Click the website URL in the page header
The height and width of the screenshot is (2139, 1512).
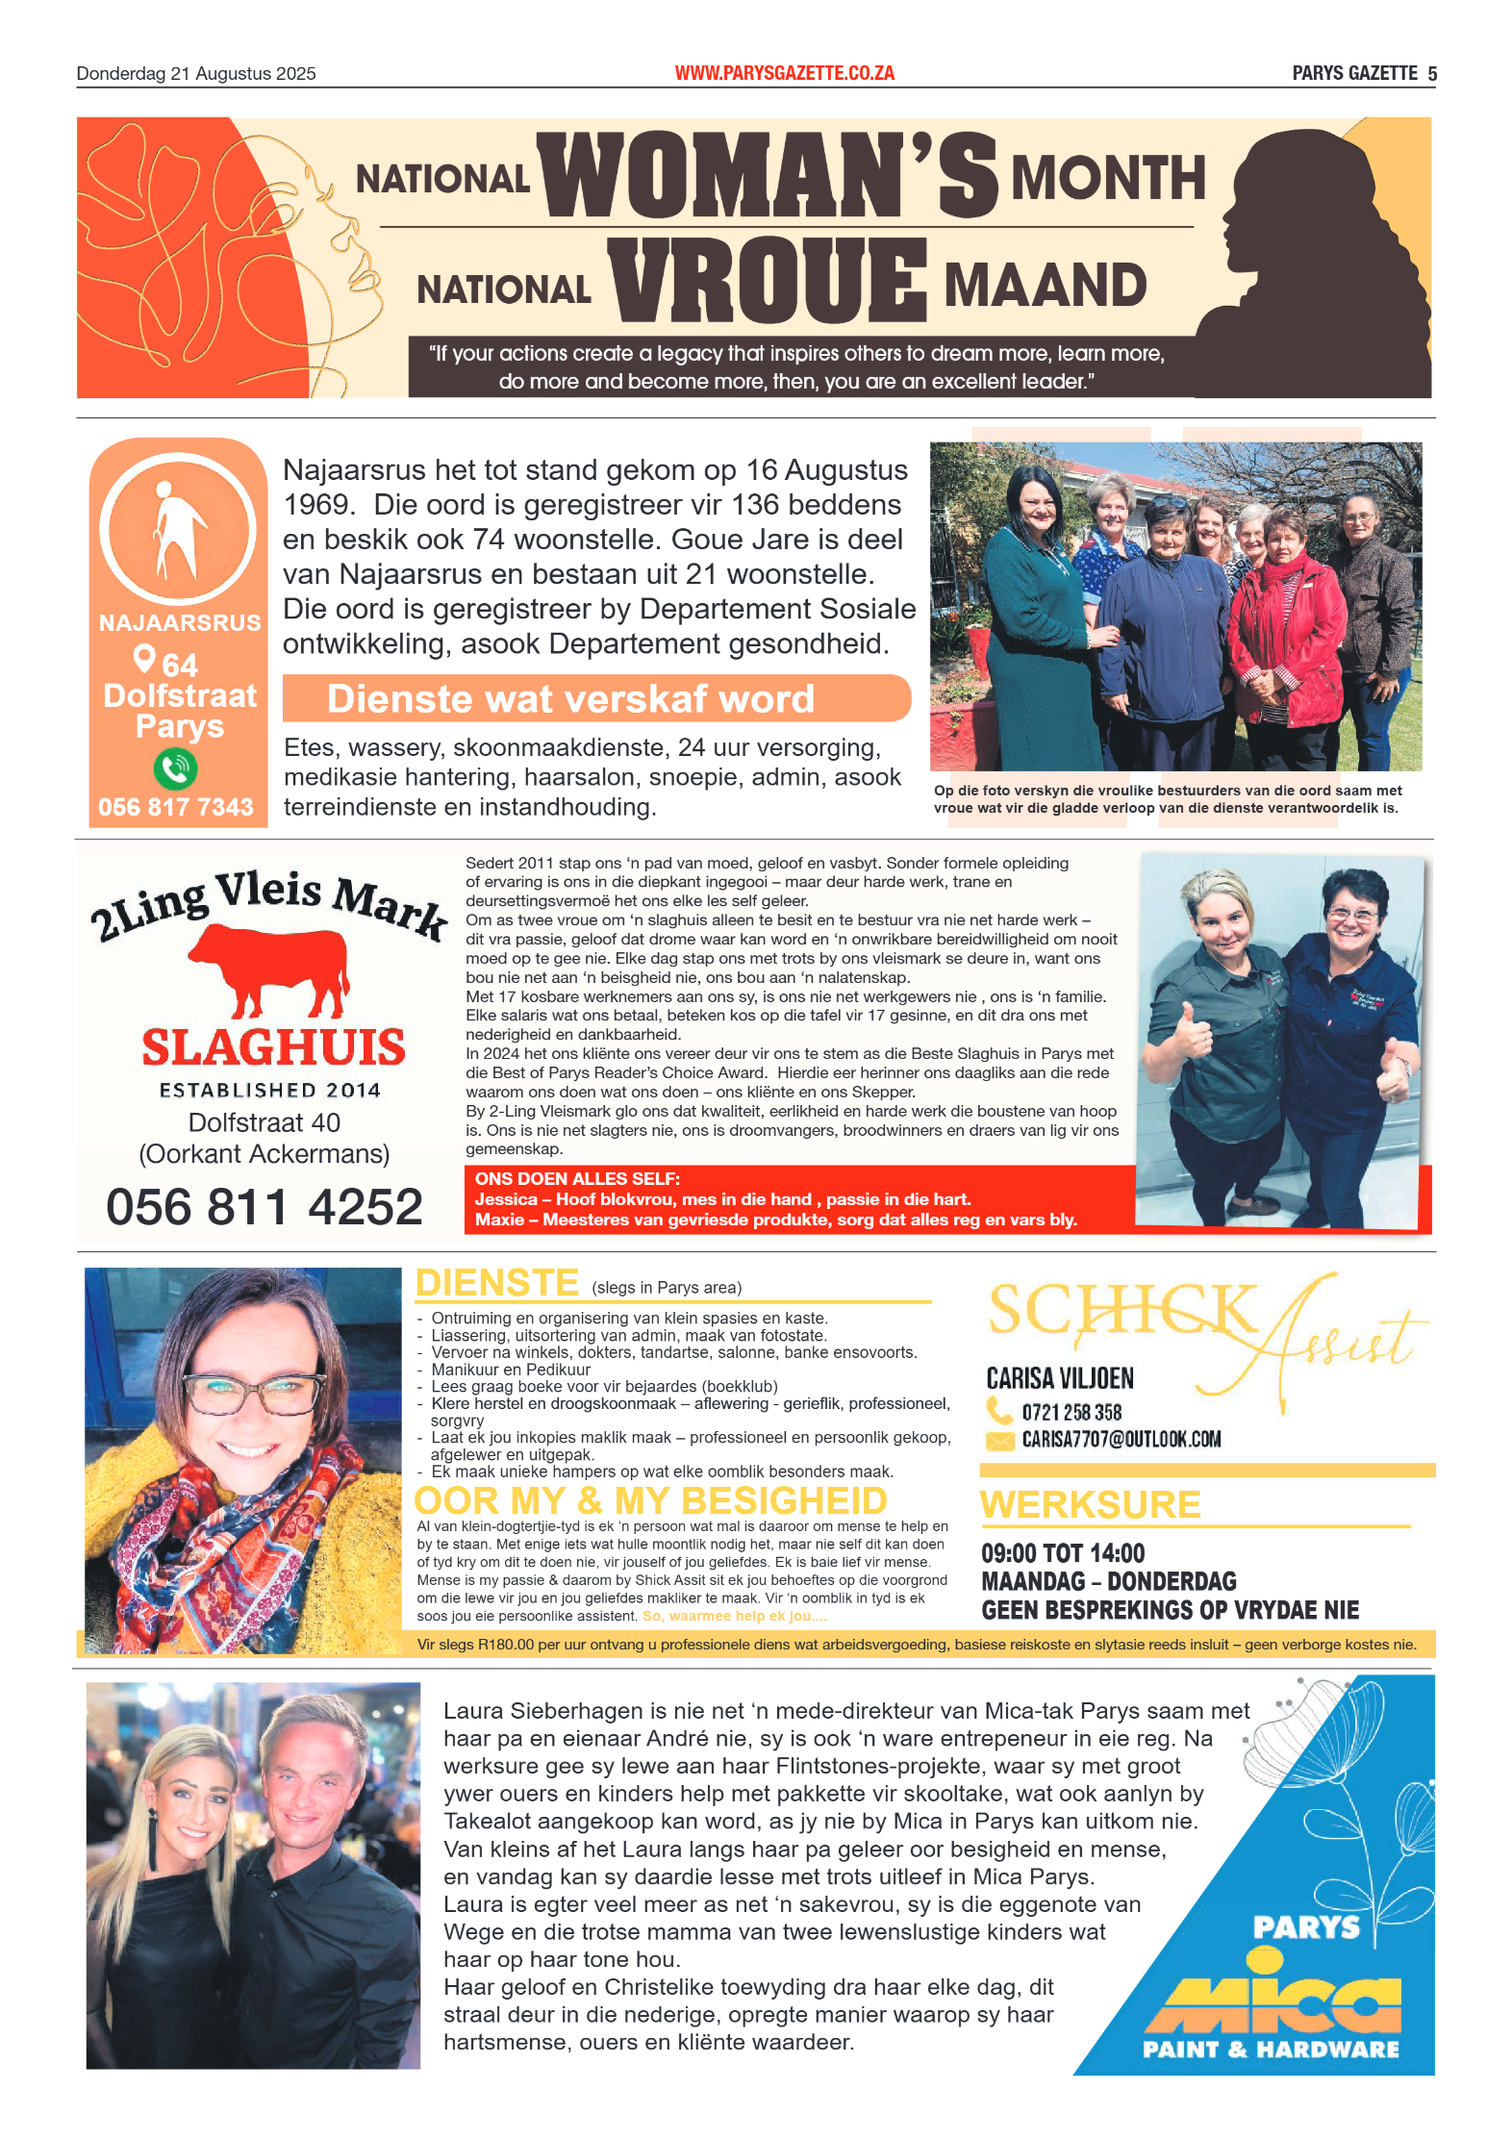click(784, 73)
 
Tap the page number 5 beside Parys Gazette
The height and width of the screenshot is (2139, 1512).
click(1432, 74)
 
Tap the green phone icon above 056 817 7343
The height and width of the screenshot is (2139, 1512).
click(175, 768)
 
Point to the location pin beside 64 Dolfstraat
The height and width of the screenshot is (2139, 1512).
click(144, 659)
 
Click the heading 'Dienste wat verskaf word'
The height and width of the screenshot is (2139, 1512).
click(570, 699)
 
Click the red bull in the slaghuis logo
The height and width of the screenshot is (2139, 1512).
click(270, 969)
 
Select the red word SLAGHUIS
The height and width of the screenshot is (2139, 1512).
click(273, 1047)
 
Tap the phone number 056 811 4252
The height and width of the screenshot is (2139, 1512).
click(265, 1207)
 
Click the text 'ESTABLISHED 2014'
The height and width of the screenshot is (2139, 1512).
click(270, 1091)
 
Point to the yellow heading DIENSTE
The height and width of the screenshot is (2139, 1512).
click(496, 1283)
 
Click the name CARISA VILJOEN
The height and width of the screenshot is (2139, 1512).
click(1060, 1378)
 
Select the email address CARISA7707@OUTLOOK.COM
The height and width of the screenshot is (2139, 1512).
click(1121, 1440)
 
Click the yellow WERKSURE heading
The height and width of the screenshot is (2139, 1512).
click(1091, 1504)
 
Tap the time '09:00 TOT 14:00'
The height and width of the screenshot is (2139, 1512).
click(1063, 1553)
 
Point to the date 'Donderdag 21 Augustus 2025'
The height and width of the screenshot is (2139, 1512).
click(196, 74)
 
